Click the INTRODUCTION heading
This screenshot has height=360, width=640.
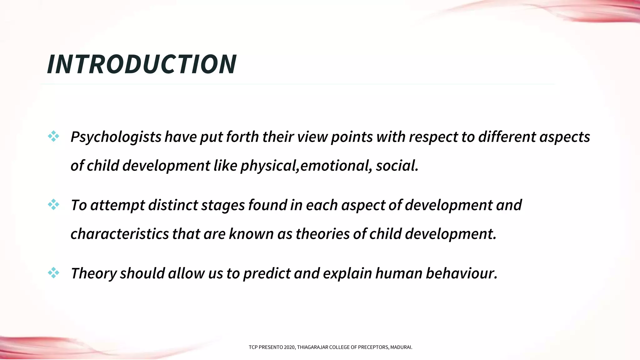coord(142,64)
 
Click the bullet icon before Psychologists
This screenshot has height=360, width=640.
coord(53,136)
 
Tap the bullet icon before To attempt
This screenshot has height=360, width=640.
coord(53,204)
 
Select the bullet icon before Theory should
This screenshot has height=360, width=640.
coord(53,273)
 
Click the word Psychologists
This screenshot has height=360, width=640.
coord(116,137)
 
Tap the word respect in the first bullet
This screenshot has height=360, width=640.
coord(433,137)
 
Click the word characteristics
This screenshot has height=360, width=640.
coord(120,234)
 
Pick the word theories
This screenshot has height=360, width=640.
coord(322,234)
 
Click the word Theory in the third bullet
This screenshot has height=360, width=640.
coord(93,273)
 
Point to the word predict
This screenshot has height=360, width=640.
coord(267,273)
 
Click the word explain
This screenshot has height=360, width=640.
coord(347,273)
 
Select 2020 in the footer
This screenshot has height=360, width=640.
coord(289,347)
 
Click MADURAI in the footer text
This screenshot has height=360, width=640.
coord(401,347)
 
